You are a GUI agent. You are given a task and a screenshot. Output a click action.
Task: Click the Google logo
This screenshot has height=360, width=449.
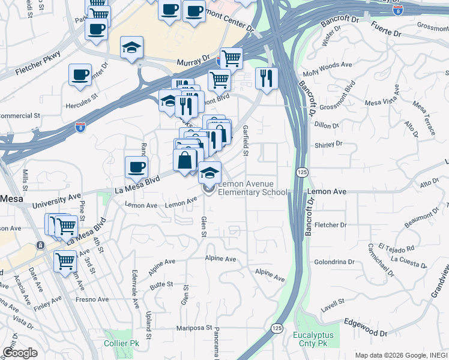(x=20, y=353)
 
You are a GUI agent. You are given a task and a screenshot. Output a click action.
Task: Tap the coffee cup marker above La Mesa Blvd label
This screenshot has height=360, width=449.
(x=137, y=167)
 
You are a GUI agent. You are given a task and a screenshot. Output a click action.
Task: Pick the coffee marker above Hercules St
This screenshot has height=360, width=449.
(x=80, y=76)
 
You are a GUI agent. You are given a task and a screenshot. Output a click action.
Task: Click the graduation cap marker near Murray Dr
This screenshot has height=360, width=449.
(x=131, y=47)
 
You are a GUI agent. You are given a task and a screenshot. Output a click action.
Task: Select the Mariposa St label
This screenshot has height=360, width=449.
(x=194, y=328)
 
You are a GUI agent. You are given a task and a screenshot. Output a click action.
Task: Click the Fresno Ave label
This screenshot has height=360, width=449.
(x=92, y=299)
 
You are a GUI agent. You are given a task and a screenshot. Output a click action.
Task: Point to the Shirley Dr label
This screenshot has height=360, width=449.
(x=328, y=145)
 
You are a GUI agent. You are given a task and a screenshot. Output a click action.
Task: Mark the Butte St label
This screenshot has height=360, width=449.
(x=161, y=284)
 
